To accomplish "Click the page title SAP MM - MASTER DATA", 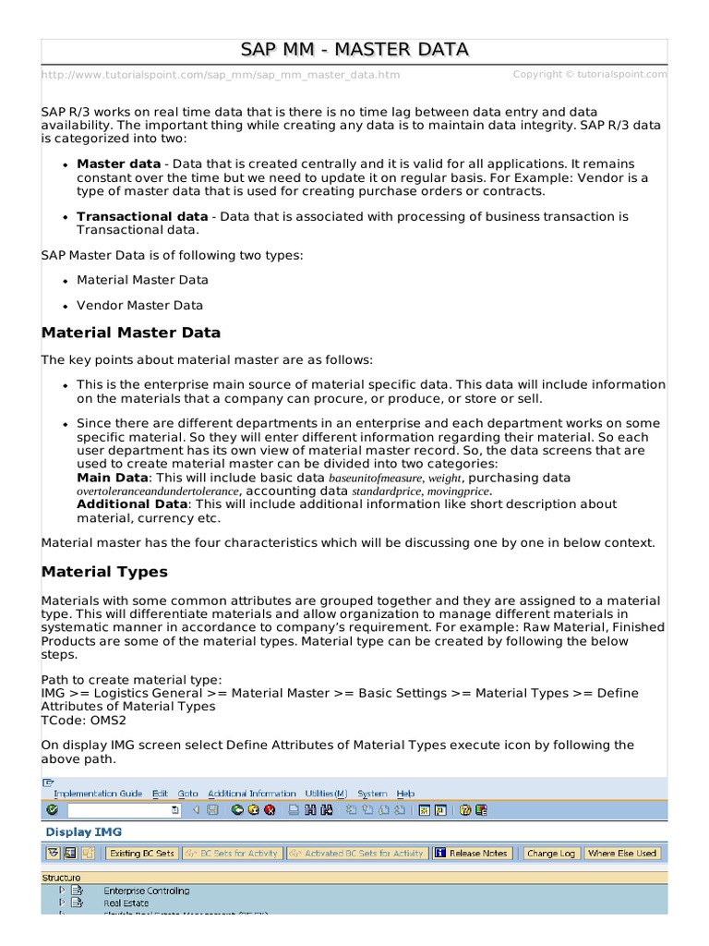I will (354, 49).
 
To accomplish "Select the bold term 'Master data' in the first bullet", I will (118, 164).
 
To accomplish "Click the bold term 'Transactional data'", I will (142, 216).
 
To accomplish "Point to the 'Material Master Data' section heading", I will (131, 333).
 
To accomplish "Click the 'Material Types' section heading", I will (104, 572).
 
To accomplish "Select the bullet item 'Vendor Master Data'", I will (139, 305).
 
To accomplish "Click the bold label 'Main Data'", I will (112, 478).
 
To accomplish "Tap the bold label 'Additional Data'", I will (132, 504).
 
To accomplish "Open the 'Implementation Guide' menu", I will (98, 794).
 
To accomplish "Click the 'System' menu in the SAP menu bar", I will (372, 794).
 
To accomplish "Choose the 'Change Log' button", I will (550, 854).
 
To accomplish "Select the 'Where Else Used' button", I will (621, 854).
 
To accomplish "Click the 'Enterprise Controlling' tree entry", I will (146, 891).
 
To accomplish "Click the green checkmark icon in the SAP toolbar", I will (52, 810).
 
